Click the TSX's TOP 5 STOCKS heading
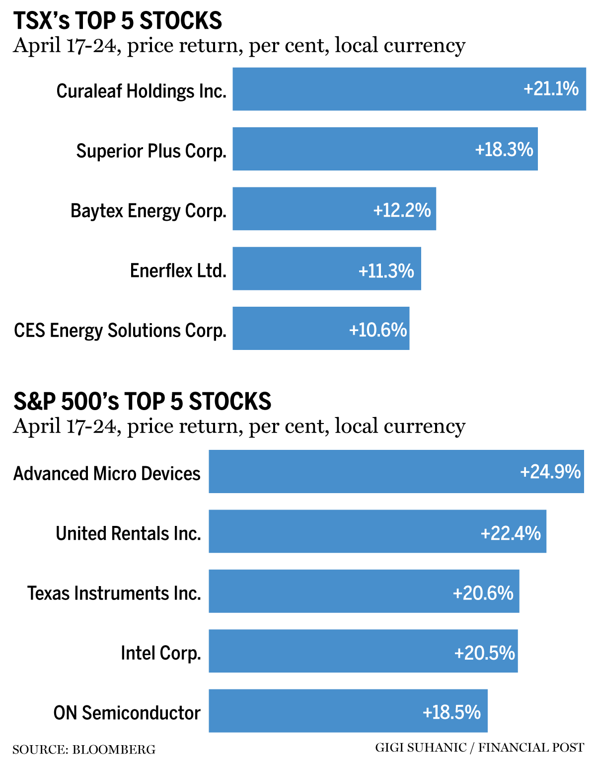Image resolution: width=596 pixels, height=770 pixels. coord(118,21)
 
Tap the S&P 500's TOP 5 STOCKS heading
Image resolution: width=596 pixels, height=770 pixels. coord(142,402)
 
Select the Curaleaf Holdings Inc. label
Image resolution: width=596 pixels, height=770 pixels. coord(141,91)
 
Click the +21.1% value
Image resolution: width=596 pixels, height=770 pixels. coord(551,89)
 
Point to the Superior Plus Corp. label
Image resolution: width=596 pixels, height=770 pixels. coord(151,151)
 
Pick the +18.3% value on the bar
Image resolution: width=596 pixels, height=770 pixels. coord(504,149)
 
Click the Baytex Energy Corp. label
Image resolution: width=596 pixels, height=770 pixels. coord(148,210)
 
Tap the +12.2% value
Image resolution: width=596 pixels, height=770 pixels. coord(402,210)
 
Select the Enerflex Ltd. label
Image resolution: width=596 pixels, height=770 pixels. coord(178,270)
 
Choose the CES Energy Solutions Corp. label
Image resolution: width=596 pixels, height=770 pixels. coord(120,330)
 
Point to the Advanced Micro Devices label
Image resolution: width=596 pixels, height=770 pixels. coord(107,473)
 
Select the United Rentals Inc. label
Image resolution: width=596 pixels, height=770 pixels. coord(128,533)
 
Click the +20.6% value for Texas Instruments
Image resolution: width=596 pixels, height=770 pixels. coord(483,593)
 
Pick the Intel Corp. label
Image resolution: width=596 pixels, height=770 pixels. coord(161,653)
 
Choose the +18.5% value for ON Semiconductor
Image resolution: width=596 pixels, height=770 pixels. coord(451,712)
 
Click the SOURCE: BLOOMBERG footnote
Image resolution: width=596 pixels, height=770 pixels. coord(84,749)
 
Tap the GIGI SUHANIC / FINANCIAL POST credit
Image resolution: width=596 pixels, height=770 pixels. coord(479,748)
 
